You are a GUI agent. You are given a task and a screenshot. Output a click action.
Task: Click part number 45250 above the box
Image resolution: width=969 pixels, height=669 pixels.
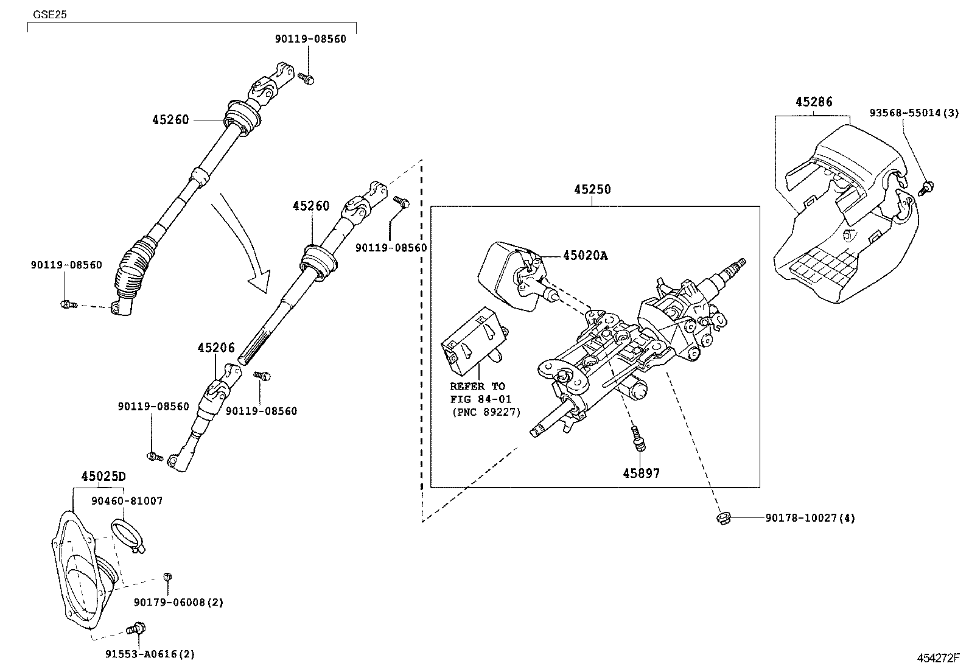(x=592, y=189)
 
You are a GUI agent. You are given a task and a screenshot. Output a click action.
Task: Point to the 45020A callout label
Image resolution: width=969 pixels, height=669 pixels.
(x=585, y=256)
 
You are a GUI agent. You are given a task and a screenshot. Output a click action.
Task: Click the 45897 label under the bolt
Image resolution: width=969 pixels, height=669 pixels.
(x=641, y=472)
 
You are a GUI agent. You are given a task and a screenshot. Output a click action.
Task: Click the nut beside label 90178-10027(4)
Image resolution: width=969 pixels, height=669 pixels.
(x=722, y=518)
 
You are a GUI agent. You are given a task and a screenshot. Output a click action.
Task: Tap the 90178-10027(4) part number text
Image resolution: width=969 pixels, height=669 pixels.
(x=810, y=519)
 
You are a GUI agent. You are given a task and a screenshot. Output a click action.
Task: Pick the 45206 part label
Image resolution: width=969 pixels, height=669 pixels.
(x=215, y=348)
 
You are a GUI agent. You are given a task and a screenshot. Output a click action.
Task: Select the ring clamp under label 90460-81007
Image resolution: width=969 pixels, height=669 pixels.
(x=127, y=533)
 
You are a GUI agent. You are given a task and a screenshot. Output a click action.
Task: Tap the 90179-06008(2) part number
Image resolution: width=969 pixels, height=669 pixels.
(x=178, y=603)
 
